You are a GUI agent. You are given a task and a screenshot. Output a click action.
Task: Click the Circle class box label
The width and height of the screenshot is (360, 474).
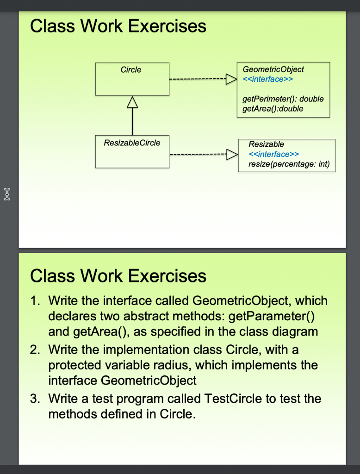tap(131, 70)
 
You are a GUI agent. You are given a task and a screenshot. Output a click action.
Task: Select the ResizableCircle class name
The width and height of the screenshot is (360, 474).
tap(132, 143)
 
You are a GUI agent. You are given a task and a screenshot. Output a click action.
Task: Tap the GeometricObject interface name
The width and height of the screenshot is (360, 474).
tap(273, 69)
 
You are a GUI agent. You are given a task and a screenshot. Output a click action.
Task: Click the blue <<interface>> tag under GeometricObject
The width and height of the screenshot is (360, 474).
tap(268, 79)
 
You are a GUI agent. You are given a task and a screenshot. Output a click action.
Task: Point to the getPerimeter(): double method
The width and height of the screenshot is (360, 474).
tap(283, 99)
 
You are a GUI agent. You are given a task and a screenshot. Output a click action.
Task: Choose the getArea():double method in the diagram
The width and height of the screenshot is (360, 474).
tap(273, 108)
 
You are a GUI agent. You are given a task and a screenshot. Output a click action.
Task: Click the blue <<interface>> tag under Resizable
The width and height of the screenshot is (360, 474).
tap(273, 154)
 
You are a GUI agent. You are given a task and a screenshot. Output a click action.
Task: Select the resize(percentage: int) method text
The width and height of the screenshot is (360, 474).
tap(289, 164)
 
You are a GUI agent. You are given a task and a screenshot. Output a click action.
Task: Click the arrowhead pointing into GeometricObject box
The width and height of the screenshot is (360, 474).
tap(231, 79)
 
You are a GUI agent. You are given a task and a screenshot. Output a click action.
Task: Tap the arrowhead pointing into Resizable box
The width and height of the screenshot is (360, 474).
tap(232, 155)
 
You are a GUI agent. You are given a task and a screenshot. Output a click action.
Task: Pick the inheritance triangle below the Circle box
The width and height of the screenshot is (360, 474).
tap(132, 102)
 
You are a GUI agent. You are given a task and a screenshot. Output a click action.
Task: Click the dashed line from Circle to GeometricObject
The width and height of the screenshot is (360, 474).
tap(198, 79)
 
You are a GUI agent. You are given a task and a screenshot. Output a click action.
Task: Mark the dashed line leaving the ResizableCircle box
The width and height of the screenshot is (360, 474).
tap(199, 155)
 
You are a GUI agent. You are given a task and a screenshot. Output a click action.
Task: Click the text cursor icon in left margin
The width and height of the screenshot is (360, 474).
tap(7, 194)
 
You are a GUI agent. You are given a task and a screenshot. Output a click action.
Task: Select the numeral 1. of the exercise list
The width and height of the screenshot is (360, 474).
tap(35, 301)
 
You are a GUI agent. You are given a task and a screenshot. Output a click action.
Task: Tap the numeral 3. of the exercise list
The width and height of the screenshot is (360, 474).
tap(35, 399)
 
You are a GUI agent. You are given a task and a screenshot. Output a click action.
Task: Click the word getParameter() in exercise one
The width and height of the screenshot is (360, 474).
tap(272, 316)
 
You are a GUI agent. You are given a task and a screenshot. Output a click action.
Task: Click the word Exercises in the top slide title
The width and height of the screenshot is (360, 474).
tap(167, 26)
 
